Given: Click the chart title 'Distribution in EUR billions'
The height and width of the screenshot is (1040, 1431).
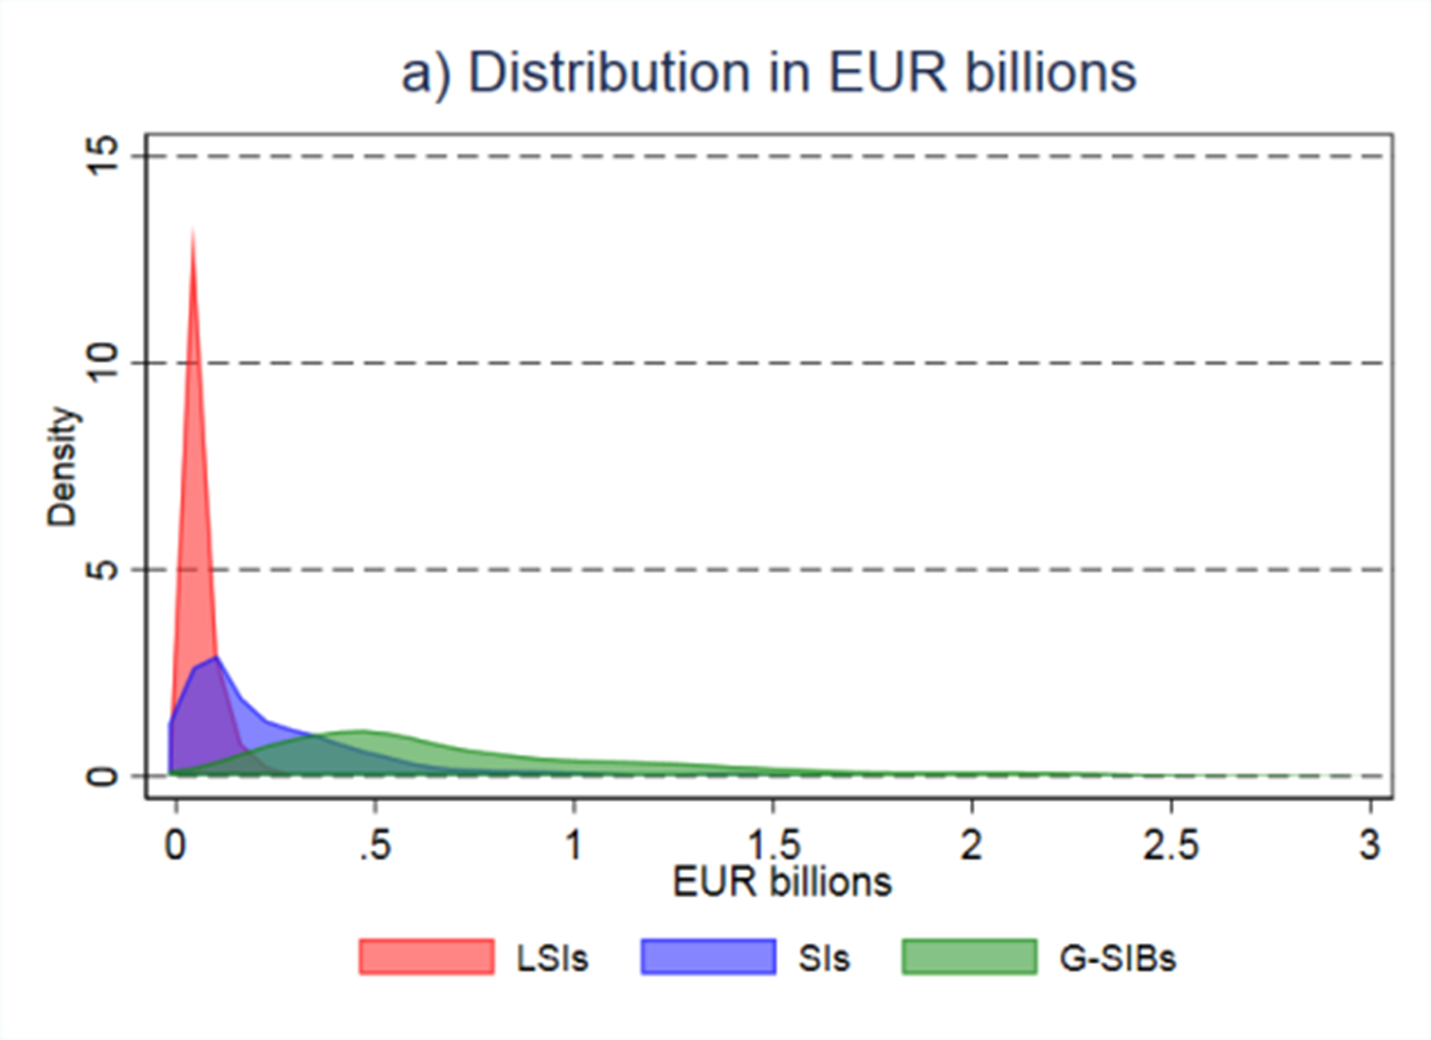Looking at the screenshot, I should (768, 73).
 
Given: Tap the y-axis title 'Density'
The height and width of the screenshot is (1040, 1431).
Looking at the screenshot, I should (62, 467).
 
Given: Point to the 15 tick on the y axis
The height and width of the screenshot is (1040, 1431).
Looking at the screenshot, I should (102, 156).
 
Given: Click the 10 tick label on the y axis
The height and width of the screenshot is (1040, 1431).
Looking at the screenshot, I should (102, 363).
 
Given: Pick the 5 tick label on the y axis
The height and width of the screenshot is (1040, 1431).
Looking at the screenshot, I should (102, 570).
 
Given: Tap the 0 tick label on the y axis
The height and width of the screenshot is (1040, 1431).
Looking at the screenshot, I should (102, 776).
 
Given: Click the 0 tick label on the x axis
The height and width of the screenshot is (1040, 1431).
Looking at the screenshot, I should (175, 845).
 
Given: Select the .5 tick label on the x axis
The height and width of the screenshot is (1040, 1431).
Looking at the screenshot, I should (375, 845).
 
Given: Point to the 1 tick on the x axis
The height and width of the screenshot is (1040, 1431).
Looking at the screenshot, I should (574, 845).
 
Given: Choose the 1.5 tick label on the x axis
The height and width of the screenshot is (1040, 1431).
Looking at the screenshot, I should (773, 845).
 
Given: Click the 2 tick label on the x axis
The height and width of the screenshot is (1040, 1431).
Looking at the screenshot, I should (972, 845).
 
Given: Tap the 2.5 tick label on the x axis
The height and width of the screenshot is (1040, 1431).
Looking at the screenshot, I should (1171, 845).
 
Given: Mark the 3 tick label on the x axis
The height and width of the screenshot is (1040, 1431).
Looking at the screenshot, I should (1370, 845).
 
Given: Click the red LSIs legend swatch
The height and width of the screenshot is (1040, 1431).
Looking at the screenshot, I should (426, 957).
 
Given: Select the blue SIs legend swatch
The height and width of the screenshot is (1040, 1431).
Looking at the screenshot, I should (708, 957).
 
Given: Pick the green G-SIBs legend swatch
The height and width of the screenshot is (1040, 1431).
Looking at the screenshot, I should (969, 957).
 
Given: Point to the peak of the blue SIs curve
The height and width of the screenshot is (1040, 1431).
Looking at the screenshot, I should (217, 657).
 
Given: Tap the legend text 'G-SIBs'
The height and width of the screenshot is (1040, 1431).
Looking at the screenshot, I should (1118, 958).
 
